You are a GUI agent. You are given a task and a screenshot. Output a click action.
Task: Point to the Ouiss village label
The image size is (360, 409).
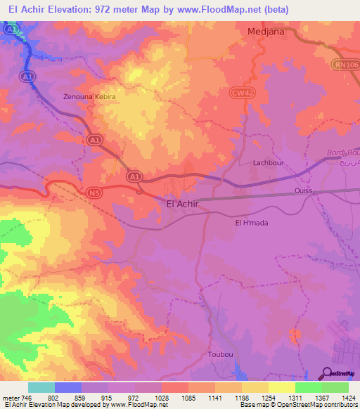click(x=304, y=191)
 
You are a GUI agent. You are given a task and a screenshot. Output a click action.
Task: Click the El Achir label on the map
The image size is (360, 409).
click(x=183, y=204)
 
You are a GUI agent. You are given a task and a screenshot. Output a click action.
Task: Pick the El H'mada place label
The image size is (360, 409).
click(x=252, y=223)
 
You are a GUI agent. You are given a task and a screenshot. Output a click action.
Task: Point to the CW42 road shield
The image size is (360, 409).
click(x=243, y=92)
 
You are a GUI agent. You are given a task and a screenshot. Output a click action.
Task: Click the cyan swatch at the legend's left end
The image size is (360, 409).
click(x=41, y=387)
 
